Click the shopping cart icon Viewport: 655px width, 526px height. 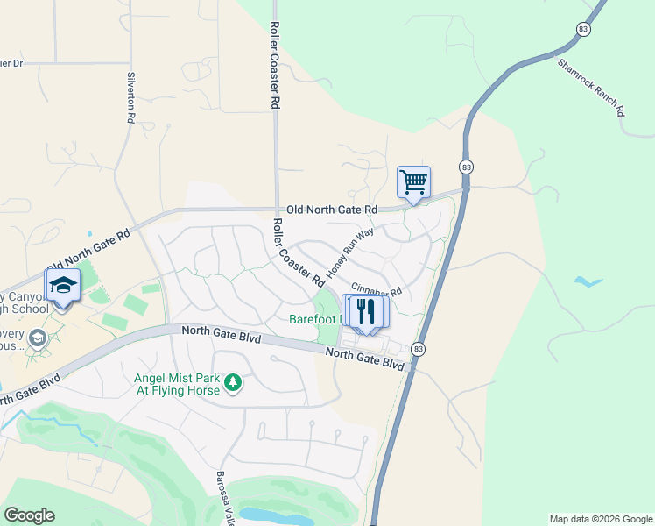tap(413, 182)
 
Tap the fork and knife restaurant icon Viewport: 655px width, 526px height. tap(366, 311)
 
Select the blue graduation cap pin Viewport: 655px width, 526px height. tap(62, 287)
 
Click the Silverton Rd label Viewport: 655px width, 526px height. tap(131, 96)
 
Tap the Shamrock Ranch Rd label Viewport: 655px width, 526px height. tap(591, 89)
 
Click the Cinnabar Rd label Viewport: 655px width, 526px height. tap(376, 289)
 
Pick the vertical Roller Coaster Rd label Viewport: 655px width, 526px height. tap(274, 65)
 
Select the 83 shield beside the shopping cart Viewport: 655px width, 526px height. tap(466, 167)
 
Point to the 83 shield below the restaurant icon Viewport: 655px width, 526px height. tap(420, 348)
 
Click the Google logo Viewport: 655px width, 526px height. tap(29, 515)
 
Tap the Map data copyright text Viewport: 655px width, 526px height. tap(600, 519)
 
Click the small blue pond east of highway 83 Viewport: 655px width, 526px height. tap(588, 281)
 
